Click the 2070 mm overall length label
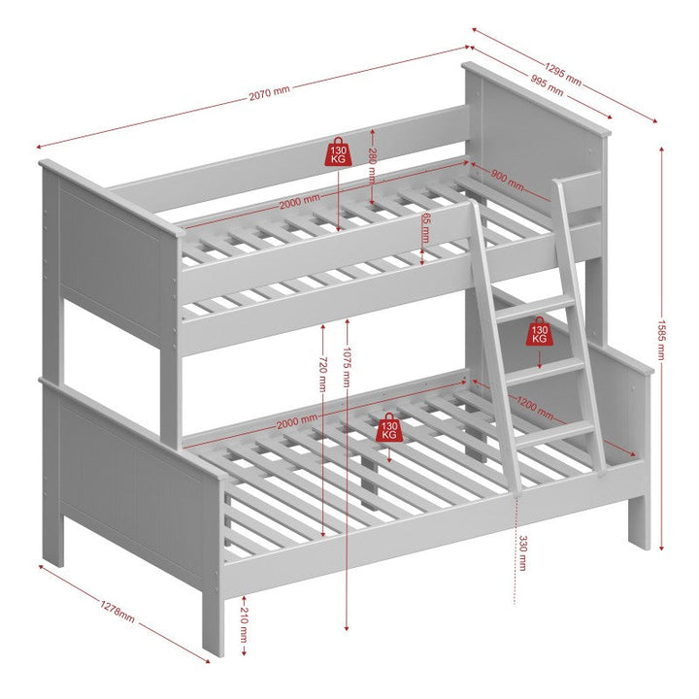point(269,93)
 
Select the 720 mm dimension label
point(322,373)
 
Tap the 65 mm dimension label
point(425,226)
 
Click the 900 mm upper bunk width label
point(506,181)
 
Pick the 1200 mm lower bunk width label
point(535,408)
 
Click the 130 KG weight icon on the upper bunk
point(338,153)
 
